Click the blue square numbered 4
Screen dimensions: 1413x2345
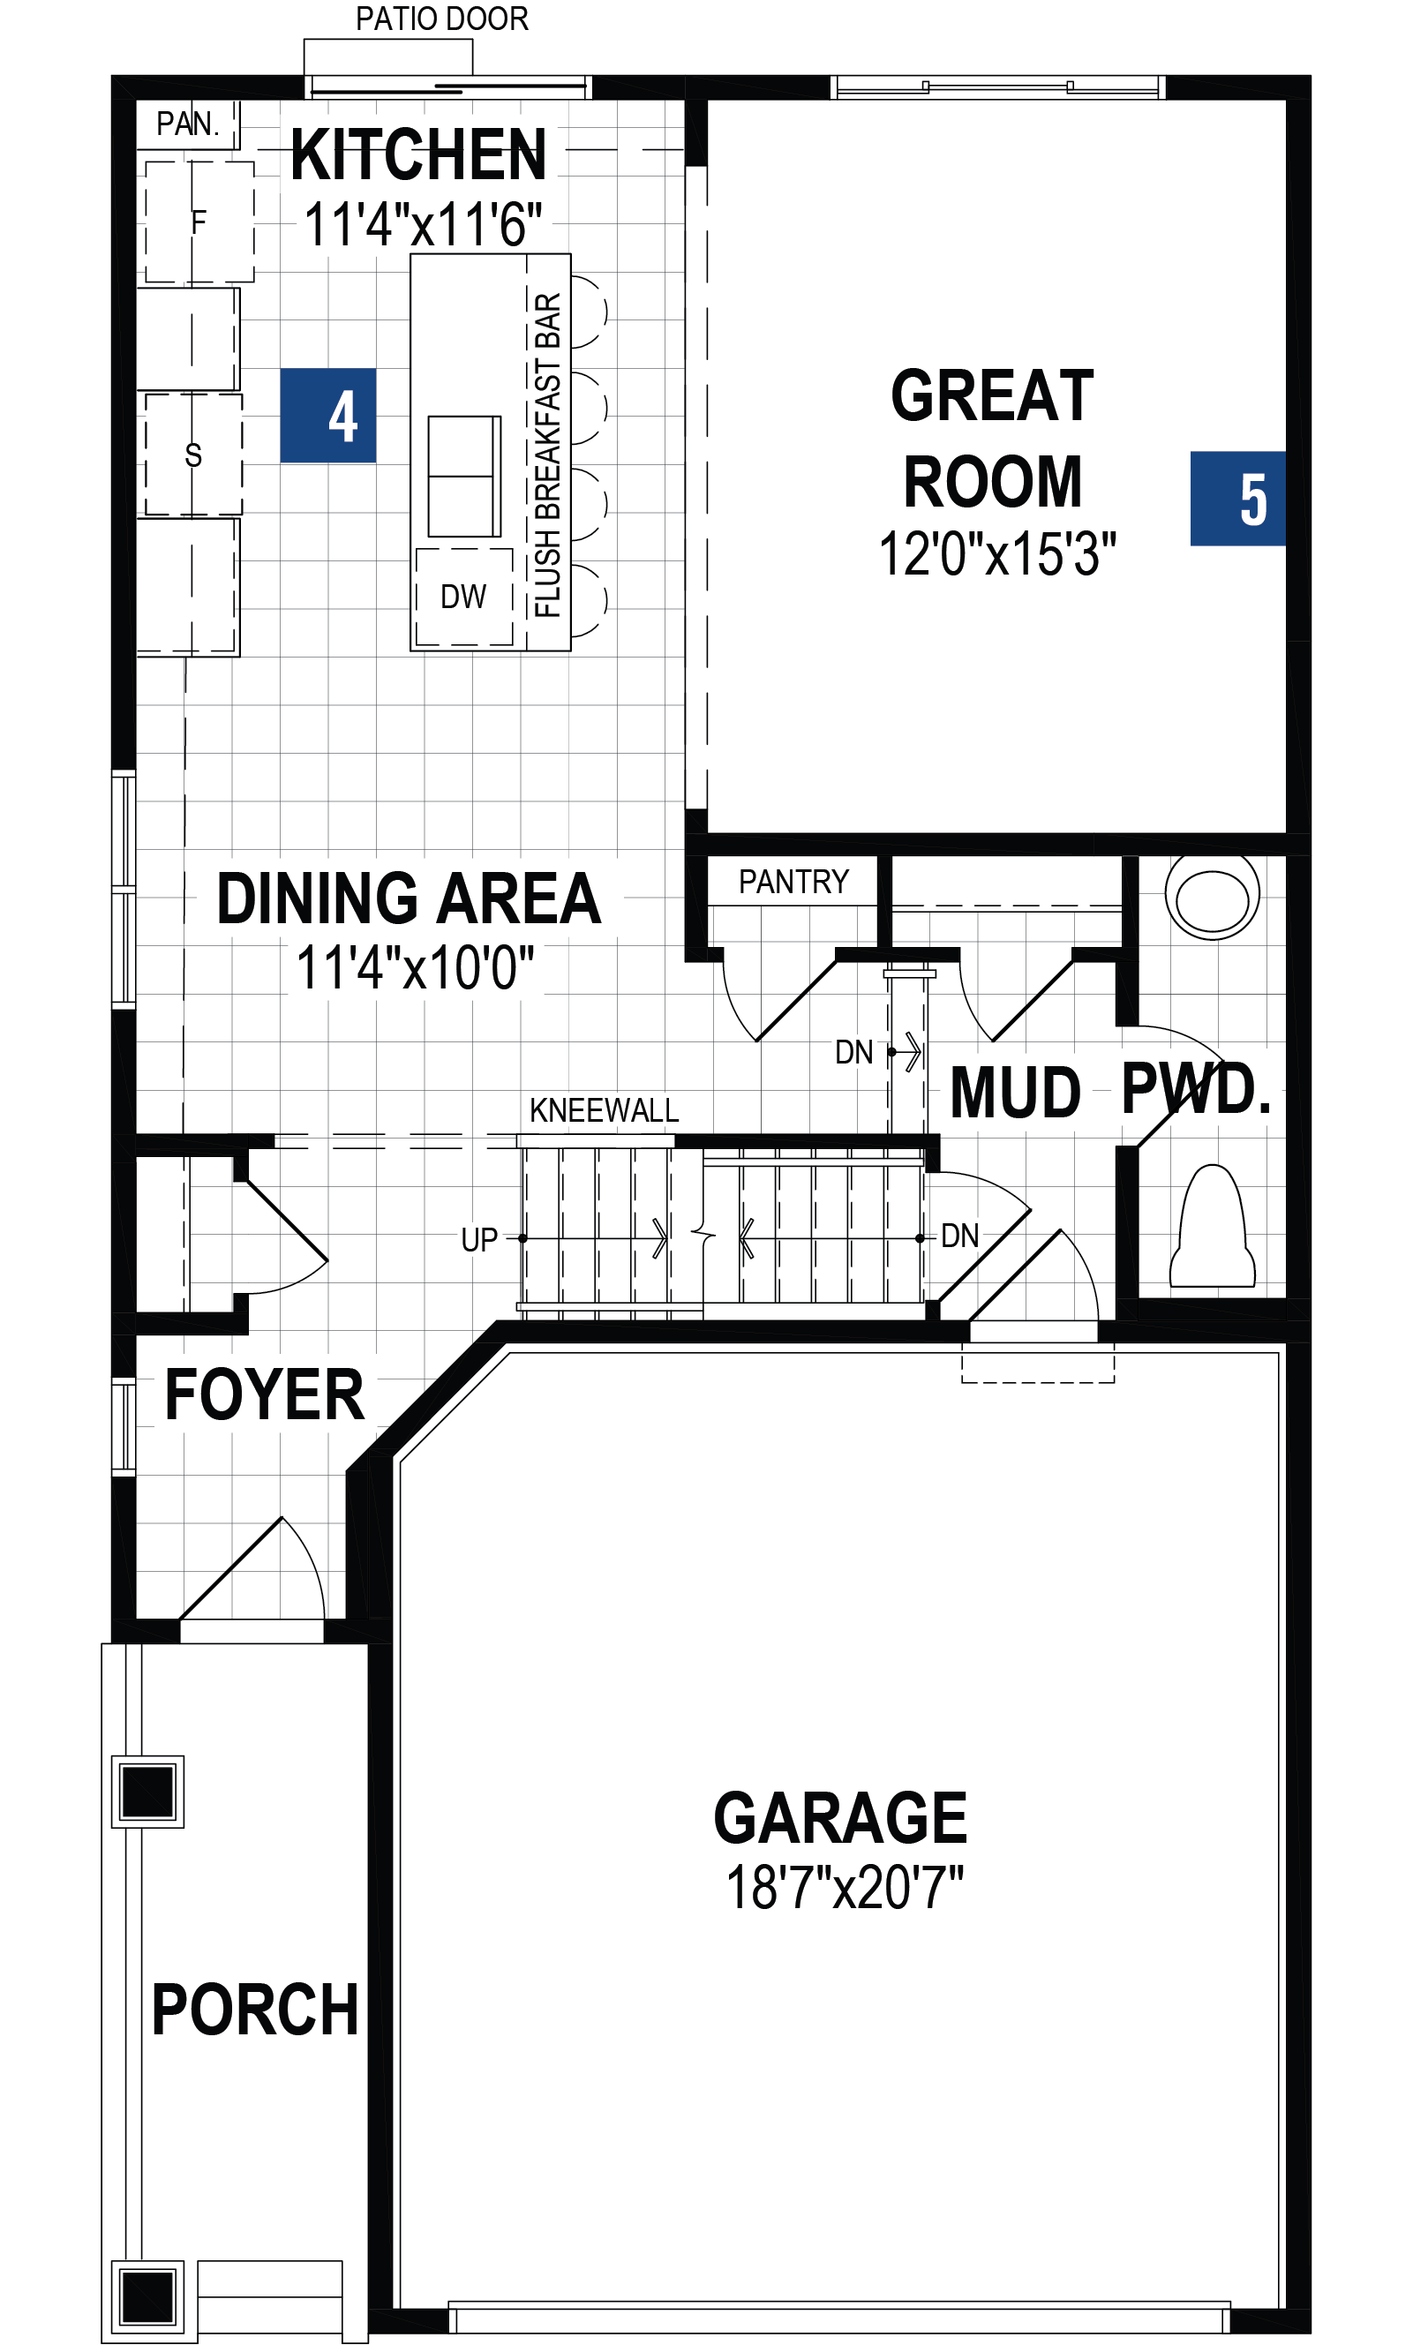327,415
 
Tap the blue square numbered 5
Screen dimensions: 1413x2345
1237,498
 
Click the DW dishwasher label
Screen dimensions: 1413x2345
463,597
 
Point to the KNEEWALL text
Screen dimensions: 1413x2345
605,1109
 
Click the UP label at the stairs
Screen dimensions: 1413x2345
479,1240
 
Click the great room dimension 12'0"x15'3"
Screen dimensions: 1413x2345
997,554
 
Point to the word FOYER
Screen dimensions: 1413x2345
265,1395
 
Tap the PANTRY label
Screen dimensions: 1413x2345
793,883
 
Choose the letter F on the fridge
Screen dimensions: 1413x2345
198,222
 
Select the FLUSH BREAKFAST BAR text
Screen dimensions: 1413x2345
548,455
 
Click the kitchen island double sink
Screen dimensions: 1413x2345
464,476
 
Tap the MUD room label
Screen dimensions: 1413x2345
1015,1092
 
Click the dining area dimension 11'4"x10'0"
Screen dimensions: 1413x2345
416,968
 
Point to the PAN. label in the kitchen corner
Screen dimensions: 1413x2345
187,124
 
